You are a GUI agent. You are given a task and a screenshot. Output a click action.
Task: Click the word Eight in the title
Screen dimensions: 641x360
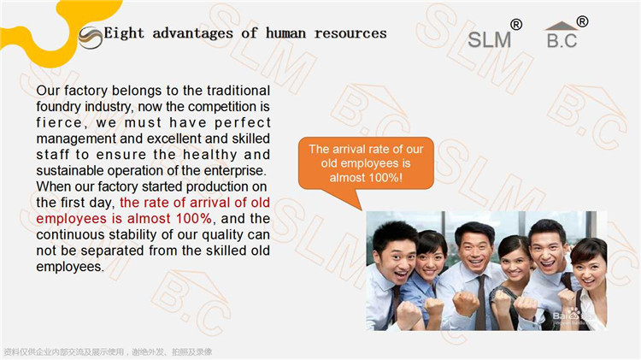(124, 33)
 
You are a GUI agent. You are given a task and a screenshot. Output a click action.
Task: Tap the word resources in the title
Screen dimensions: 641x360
(350, 33)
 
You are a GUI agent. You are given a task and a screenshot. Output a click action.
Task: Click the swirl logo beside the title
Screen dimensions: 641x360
(91, 38)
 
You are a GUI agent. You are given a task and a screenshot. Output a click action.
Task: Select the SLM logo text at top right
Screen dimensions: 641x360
(490, 40)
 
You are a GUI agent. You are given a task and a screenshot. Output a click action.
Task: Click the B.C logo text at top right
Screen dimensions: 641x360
(562, 40)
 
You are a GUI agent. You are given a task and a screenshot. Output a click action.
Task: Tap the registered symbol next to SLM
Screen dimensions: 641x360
(516, 25)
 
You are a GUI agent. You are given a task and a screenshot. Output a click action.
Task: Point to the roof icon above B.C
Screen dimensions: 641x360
(562, 26)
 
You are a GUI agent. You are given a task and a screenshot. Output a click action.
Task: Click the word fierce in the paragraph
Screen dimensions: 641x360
(59, 123)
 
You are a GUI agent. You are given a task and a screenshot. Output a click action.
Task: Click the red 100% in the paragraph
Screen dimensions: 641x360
(194, 218)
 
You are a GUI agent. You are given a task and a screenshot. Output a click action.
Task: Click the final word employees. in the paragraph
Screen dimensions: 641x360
(70, 267)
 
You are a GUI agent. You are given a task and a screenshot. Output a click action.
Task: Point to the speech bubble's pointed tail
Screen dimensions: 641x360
(362, 210)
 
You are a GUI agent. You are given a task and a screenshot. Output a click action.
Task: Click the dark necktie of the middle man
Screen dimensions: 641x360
(480, 302)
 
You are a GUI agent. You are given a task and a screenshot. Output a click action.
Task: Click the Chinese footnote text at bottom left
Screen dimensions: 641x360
(108, 351)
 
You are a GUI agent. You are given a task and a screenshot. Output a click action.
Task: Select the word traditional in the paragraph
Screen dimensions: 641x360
(238, 91)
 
